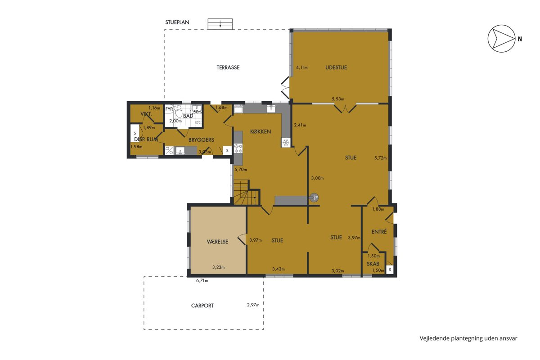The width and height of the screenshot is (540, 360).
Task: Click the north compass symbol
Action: coord(501,39)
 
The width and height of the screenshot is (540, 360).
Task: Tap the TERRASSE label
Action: coord(228,67)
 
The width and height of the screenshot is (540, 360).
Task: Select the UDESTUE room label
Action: coord(336,67)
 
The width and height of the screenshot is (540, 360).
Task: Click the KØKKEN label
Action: coord(261,132)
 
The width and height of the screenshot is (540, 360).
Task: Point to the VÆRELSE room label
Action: coord(217,242)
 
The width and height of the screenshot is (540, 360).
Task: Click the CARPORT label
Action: coord(202,306)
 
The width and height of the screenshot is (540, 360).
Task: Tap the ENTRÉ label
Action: coord(379,232)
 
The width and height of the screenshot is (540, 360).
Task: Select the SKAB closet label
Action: coord(373,264)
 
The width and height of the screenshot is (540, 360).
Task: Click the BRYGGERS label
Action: coord(201,140)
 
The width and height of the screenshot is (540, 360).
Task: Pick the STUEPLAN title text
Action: coord(177,22)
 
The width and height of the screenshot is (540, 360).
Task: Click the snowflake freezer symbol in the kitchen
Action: coord(286,143)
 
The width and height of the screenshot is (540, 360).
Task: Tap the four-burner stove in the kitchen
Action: coord(238,148)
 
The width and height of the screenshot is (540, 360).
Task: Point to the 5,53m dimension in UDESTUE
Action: coord(338,99)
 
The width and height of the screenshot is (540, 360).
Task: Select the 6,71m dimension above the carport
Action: coord(202,281)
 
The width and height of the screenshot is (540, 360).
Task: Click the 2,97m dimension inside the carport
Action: coord(253,305)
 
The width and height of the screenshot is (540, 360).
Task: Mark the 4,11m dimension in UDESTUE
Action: coord(302,67)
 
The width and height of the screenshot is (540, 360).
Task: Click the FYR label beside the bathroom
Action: coord(169,109)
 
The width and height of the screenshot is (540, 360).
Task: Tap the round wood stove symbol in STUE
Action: coord(315,198)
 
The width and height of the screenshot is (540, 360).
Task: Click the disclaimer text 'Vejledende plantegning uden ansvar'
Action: coord(468,338)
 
